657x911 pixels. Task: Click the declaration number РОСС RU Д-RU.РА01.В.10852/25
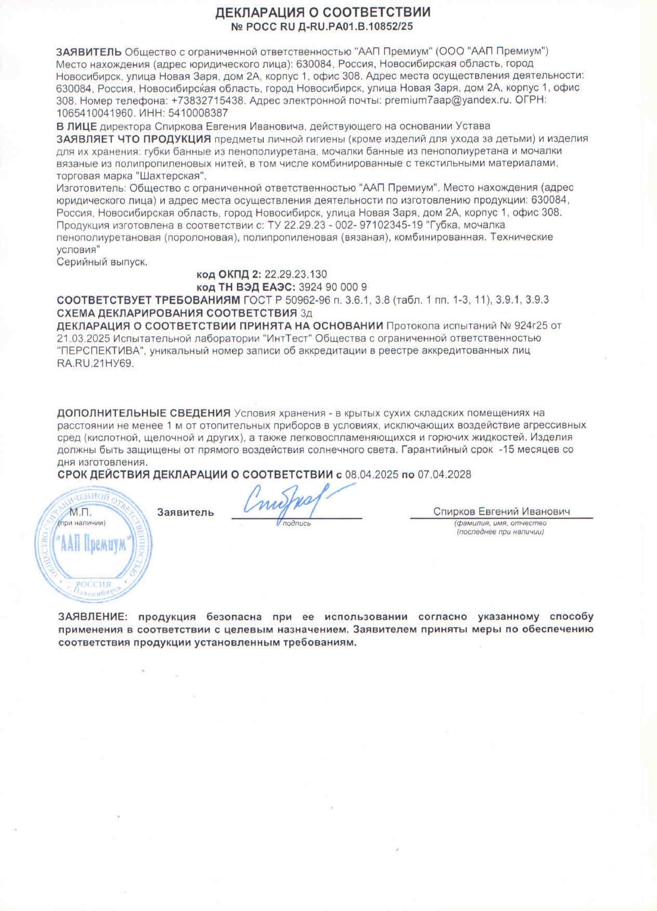tap(323, 27)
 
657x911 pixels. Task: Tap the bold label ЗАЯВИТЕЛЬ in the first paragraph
tap(89, 51)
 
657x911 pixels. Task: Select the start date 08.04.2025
tap(372, 474)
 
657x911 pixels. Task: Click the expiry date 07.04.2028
tap(445, 474)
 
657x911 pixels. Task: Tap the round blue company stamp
tap(93, 548)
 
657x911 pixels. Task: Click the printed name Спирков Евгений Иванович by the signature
tap(501, 511)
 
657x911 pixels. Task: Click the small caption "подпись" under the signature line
tap(297, 523)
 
